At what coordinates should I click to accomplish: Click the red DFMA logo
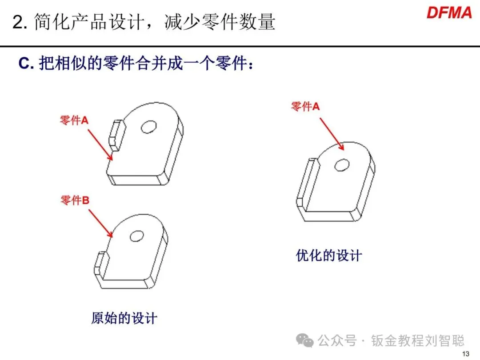click(x=449, y=12)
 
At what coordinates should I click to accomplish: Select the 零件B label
click(x=75, y=200)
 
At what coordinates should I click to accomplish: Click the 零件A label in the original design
click(x=74, y=120)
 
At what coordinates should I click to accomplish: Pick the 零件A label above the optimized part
click(x=305, y=106)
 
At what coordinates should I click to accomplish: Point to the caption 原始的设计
click(x=124, y=318)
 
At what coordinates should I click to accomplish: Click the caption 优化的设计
click(x=329, y=256)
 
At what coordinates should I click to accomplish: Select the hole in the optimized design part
click(x=342, y=165)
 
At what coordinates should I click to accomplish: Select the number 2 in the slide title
click(x=17, y=23)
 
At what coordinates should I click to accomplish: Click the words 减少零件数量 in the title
click(x=220, y=22)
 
